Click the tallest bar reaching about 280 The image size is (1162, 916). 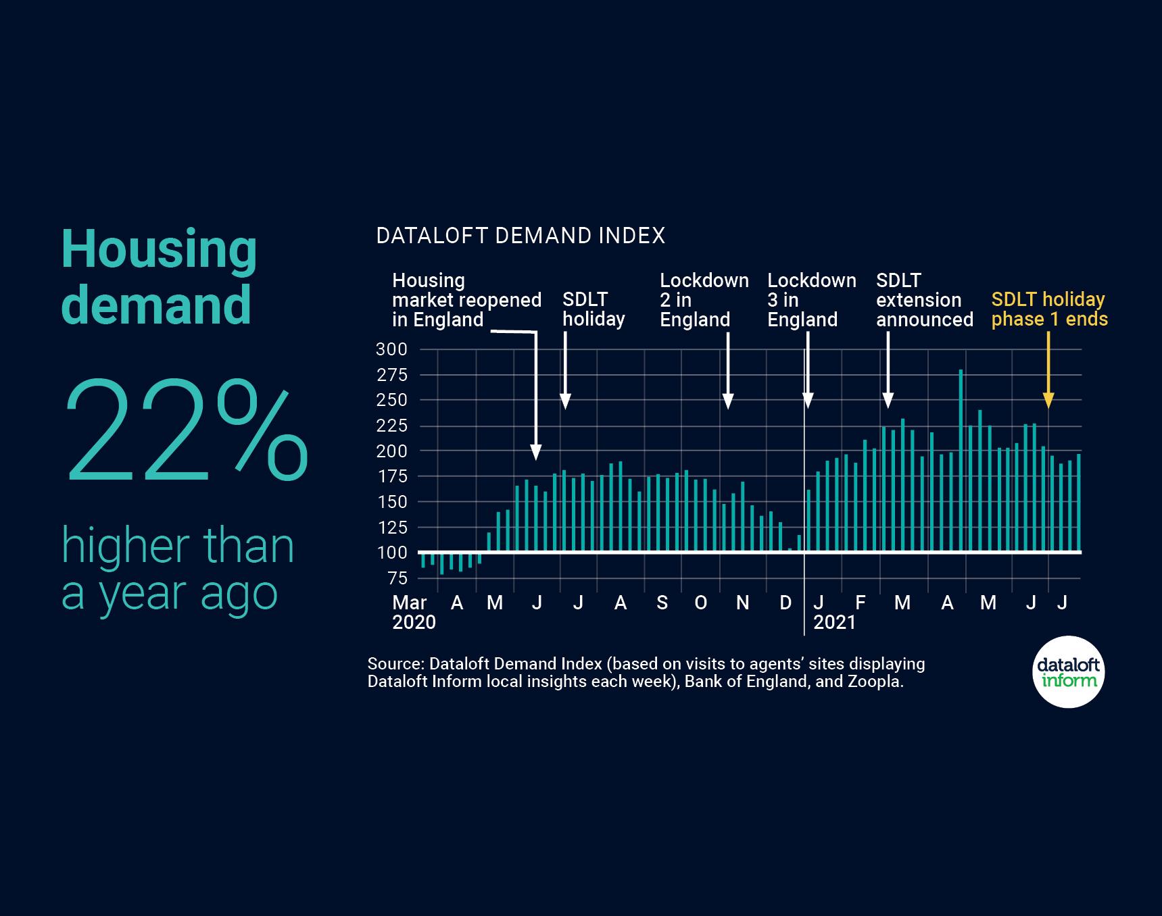pos(961,459)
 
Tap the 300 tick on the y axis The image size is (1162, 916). pos(391,349)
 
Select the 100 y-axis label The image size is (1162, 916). pos(391,553)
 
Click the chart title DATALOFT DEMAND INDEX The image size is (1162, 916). pos(521,236)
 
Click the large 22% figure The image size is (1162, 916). pos(186,433)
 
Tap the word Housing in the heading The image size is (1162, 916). pos(159,250)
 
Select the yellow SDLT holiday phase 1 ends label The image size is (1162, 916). pos(1049,309)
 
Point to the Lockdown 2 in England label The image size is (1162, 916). pos(704,300)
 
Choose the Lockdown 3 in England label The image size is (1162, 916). pos(811,300)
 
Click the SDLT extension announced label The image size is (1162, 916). pos(924,300)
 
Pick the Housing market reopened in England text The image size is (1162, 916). pos(466,300)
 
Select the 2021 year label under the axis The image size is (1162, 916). pos(834,622)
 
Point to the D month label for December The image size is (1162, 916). pos(785,603)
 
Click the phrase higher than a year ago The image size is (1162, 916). pos(178,569)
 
